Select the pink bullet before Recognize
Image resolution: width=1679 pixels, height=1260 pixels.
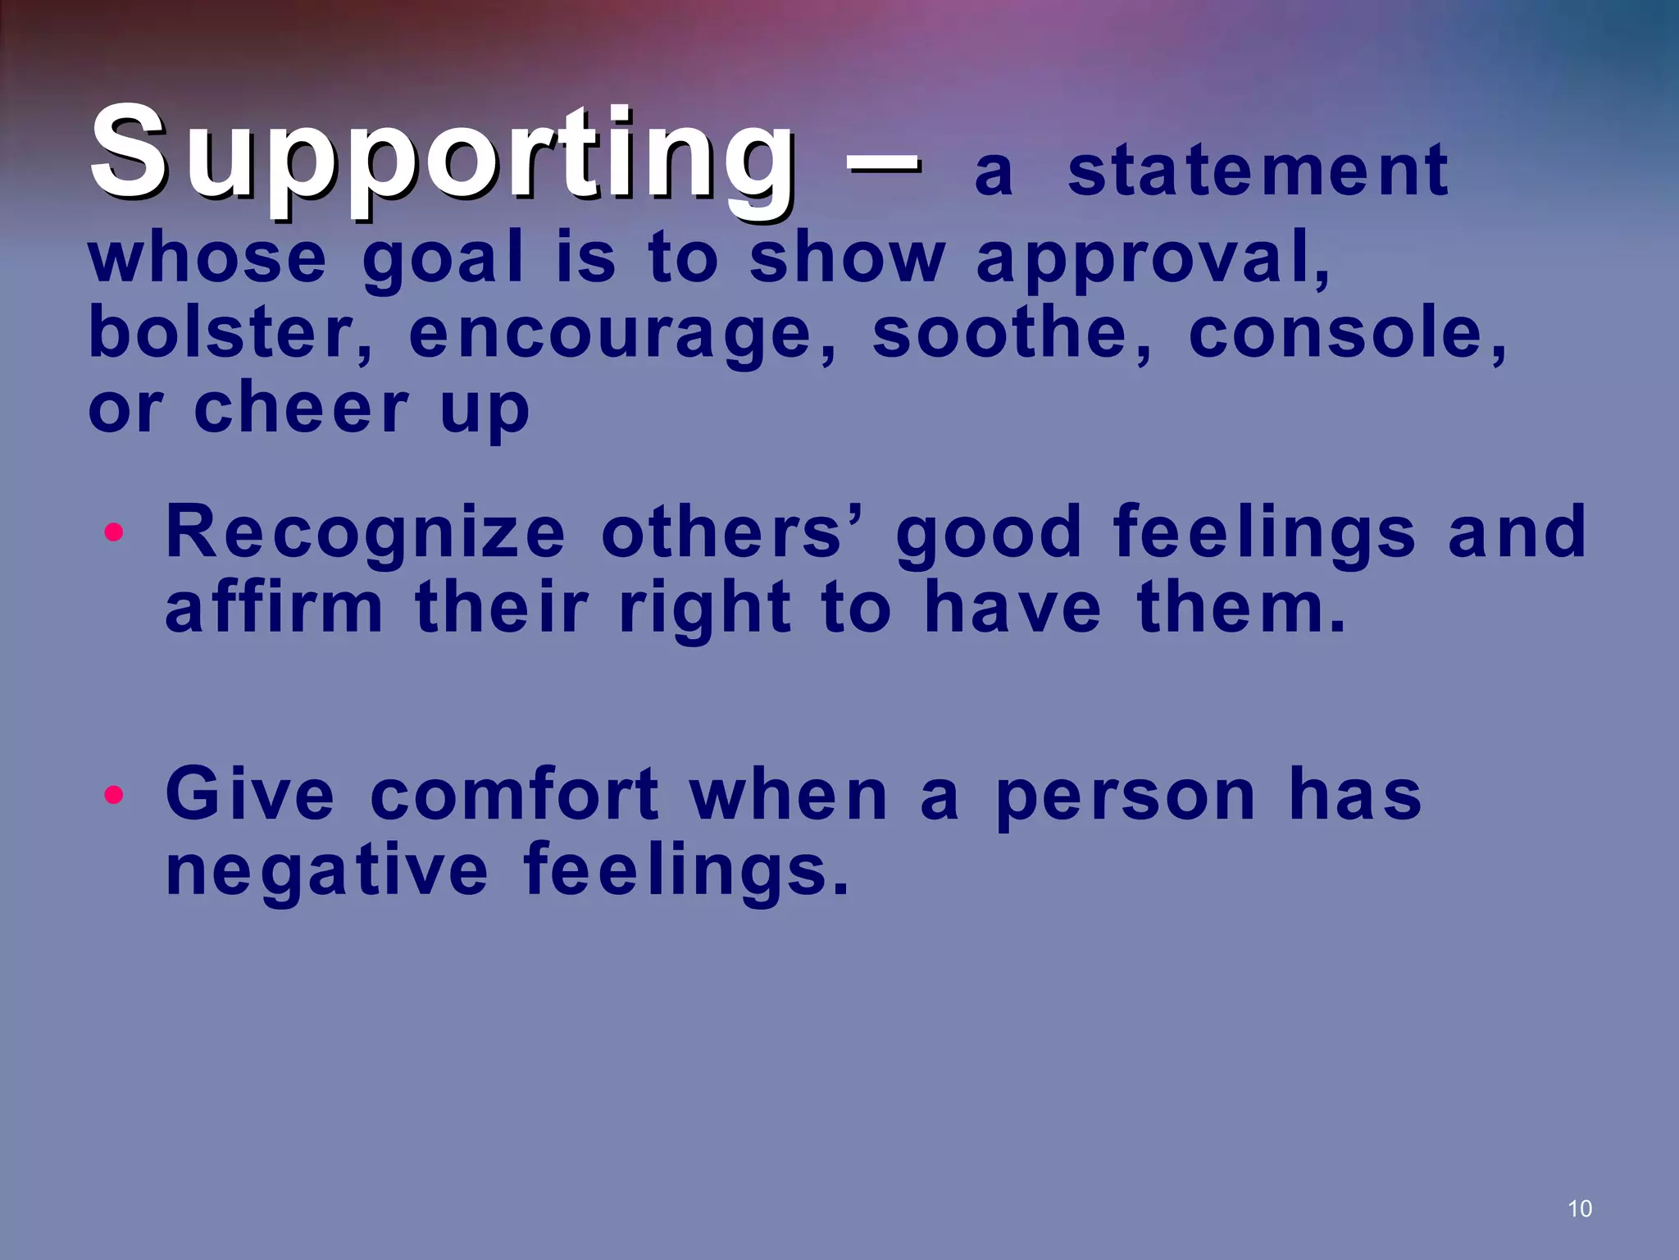114,533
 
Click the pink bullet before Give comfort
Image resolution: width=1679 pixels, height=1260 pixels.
114,795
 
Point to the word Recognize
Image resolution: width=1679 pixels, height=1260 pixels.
366,533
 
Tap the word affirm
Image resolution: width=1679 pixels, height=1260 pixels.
274,608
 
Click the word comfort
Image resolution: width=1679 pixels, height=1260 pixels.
514,794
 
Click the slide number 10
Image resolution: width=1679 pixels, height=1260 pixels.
1579,1208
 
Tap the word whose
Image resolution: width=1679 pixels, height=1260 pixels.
207,258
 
